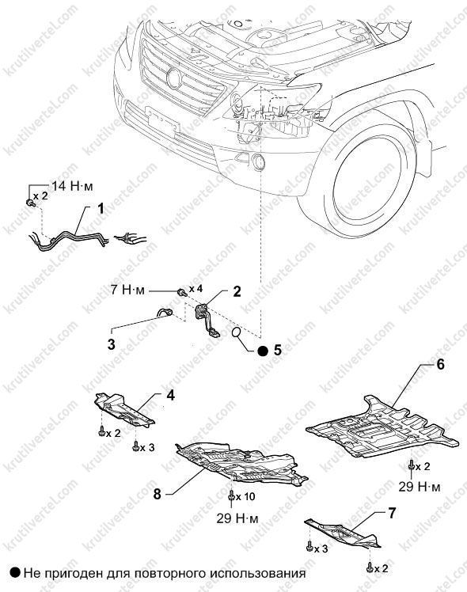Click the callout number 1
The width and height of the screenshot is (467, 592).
pos(101,208)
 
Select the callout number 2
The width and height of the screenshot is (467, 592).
pos(237,291)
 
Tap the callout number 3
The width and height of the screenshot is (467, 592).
pos(111,344)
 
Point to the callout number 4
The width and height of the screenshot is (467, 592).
pos(171,396)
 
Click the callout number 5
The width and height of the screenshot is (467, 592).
pos(278,351)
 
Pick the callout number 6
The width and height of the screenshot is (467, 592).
pos(440,364)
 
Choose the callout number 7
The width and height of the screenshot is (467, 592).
pos(392,514)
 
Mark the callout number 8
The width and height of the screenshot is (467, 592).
pos(158,494)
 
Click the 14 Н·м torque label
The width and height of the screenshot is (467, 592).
pos(71,186)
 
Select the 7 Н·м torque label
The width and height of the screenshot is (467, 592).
pos(127,290)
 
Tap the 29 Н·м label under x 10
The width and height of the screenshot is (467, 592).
pos(237,518)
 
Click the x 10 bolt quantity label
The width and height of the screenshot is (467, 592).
pos(245,497)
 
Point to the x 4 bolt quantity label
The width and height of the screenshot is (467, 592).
pos(196,289)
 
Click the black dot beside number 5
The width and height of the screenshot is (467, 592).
pos(263,351)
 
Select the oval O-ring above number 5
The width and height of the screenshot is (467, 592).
pos(237,332)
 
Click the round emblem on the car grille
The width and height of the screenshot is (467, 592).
pos(174,79)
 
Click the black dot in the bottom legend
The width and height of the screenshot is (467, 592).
pos(16,573)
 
